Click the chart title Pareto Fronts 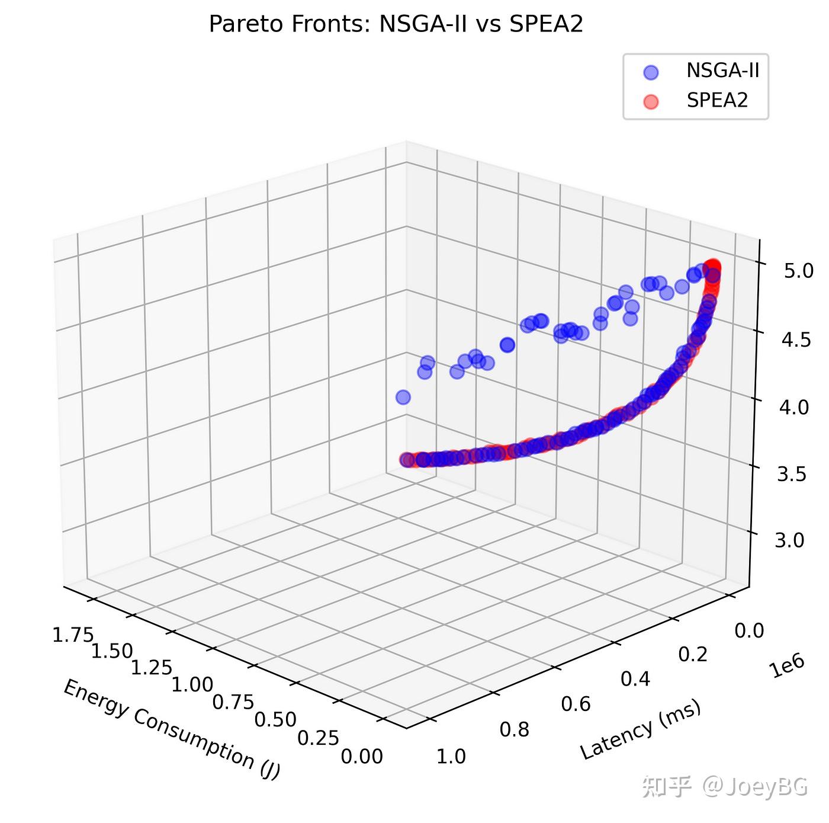396,24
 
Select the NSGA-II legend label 722,71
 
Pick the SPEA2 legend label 718,100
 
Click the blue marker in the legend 650,72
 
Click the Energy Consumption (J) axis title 171,728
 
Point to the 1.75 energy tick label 73,635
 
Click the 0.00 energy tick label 362,757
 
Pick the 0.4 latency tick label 635,678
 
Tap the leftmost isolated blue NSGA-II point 403,397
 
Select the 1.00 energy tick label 192,684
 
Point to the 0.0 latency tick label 749,630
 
